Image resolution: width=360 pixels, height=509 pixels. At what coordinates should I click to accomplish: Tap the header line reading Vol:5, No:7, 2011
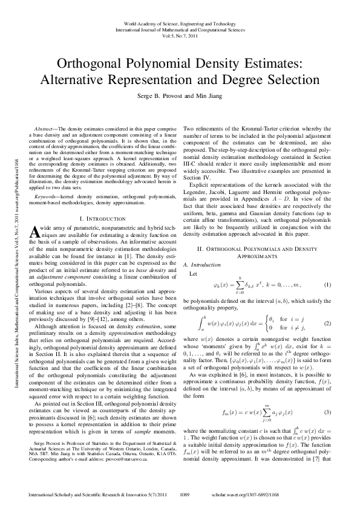pos(180,34)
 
